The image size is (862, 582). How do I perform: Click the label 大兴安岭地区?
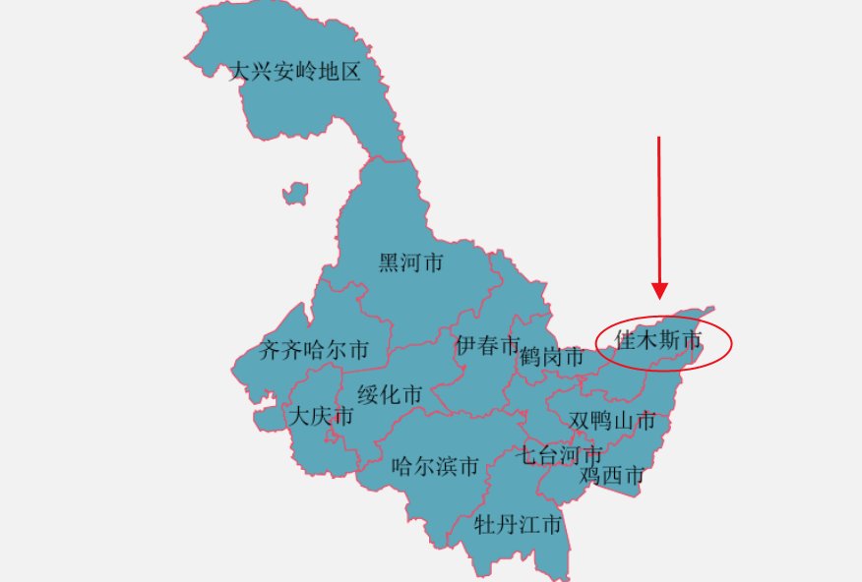[295, 72]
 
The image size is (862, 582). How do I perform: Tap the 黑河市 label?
[410, 262]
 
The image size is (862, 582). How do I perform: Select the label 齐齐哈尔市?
[314, 350]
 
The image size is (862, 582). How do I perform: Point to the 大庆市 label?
[320, 416]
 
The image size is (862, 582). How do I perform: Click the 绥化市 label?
[390, 395]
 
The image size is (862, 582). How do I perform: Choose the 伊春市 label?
[487, 345]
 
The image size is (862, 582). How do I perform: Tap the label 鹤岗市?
[552, 357]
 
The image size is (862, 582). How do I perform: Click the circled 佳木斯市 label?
[658, 341]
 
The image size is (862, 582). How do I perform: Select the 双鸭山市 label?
[612, 421]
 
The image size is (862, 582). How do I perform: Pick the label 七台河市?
[560, 455]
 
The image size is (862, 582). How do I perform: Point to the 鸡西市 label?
[611, 476]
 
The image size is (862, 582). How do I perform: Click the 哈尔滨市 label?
[435, 466]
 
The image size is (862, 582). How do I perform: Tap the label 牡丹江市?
[518, 524]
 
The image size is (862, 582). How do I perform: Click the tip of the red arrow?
[659, 297]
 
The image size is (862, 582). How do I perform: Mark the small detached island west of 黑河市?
[294, 193]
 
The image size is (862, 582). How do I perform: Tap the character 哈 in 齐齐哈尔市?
[315, 350]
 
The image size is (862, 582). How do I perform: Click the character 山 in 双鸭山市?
[623, 421]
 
